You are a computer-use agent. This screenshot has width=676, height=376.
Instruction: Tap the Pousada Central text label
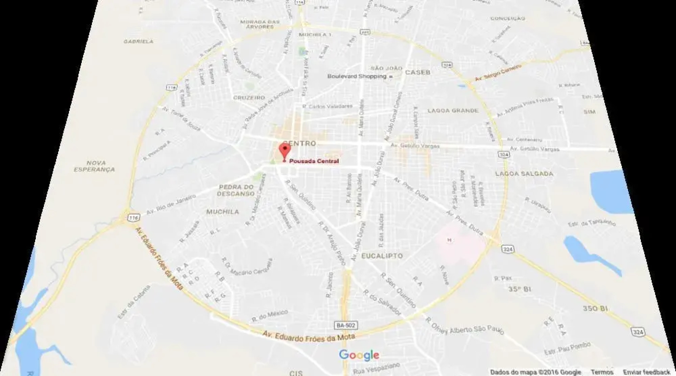(314, 161)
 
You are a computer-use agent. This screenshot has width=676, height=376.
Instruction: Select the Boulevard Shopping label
(357, 76)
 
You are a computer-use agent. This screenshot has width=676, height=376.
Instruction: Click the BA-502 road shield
(346, 326)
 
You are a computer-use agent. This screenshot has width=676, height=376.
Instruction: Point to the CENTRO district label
(300, 143)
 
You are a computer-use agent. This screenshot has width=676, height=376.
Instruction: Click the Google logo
(359, 355)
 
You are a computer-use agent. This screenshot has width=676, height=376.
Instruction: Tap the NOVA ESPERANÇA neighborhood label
(95, 166)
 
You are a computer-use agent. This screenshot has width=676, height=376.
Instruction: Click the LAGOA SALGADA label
(524, 174)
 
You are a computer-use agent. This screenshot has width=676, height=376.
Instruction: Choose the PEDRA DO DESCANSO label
(236, 190)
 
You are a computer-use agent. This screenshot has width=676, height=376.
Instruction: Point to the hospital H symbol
(449, 240)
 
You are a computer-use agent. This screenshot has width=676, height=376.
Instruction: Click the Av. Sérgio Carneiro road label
(498, 73)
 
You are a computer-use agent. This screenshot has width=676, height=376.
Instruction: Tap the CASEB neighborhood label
(418, 72)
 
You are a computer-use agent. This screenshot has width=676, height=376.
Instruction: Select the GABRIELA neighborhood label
(138, 41)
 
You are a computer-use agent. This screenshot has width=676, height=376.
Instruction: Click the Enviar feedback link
(646, 372)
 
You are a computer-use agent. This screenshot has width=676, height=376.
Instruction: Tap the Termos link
(602, 372)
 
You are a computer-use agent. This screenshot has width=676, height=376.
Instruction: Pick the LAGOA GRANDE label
(453, 111)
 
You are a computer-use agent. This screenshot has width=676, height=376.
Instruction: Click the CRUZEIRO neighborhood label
(249, 98)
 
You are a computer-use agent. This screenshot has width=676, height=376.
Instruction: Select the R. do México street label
(269, 315)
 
